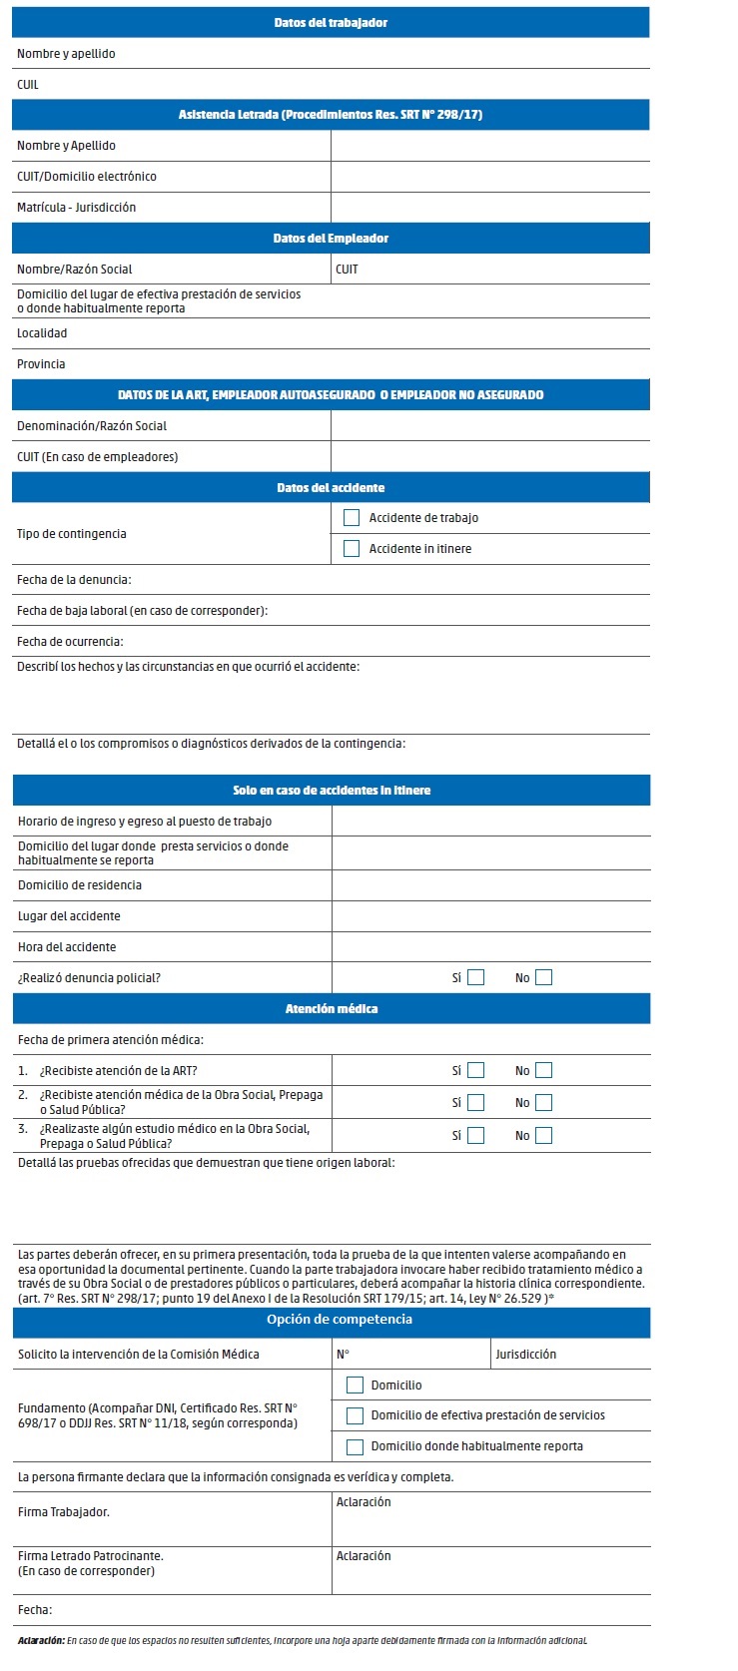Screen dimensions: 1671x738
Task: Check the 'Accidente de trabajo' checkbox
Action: [x=352, y=518]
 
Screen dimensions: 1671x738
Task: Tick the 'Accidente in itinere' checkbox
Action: [x=352, y=549]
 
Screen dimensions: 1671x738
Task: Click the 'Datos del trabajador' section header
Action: [x=331, y=23]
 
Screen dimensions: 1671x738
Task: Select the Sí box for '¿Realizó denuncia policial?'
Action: [x=476, y=978]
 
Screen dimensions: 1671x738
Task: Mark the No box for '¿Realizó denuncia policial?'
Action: [x=543, y=978]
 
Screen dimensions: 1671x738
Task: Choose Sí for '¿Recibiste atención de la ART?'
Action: [x=476, y=1071]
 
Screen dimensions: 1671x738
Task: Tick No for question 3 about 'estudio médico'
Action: [x=543, y=1136]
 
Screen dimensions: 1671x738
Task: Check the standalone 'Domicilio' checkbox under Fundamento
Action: [x=355, y=1386]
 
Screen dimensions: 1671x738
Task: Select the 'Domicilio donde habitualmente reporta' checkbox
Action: [x=355, y=1447]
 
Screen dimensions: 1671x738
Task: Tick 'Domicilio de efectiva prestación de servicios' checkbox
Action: [x=355, y=1416]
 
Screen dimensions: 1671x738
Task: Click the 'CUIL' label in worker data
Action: [x=28, y=85]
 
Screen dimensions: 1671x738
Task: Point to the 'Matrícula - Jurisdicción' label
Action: [x=76, y=208]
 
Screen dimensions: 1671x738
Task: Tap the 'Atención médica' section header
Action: [x=332, y=1009]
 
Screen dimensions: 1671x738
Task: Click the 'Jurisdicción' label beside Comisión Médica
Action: [x=526, y=1355]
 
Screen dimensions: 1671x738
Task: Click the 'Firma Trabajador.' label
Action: [x=64, y=1512]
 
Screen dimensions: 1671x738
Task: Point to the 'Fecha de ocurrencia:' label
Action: [x=70, y=642]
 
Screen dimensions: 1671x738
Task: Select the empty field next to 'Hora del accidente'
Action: [x=490, y=947]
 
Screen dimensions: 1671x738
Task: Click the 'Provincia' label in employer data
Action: [x=41, y=364]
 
